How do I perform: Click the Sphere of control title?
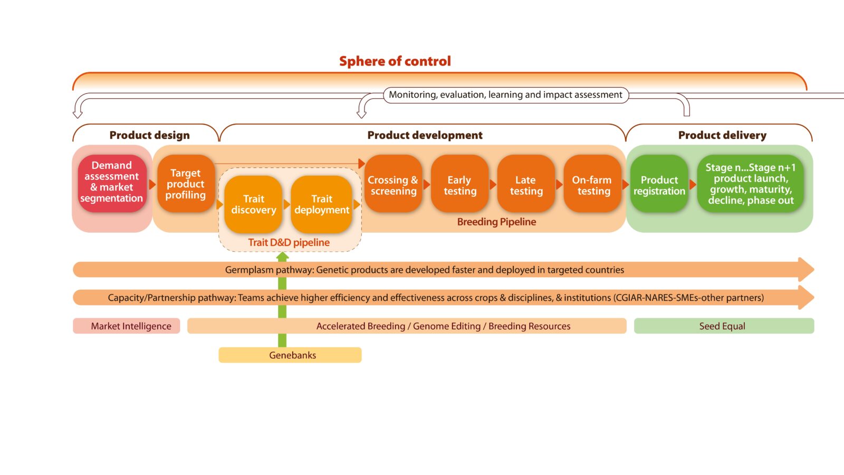[x=395, y=61]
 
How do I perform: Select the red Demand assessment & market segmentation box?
[x=112, y=183]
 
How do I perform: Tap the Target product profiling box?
[x=185, y=184]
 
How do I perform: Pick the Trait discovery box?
[x=253, y=204]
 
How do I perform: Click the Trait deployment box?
[x=321, y=204]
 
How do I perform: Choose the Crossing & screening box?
[x=393, y=185]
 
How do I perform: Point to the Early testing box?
[x=459, y=185]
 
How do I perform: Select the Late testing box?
[x=526, y=185]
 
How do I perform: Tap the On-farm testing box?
[x=592, y=185]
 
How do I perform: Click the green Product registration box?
[x=659, y=185]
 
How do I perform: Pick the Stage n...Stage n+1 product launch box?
[x=750, y=184]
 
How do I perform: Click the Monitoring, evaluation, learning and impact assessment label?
[x=505, y=95]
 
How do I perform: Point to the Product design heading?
[x=149, y=135]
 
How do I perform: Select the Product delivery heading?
[x=722, y=135]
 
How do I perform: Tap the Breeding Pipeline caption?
[x=496, y=222]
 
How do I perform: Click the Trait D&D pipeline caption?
[x=289, y=243]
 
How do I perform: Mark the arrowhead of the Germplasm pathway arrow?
[x=806, y=270]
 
